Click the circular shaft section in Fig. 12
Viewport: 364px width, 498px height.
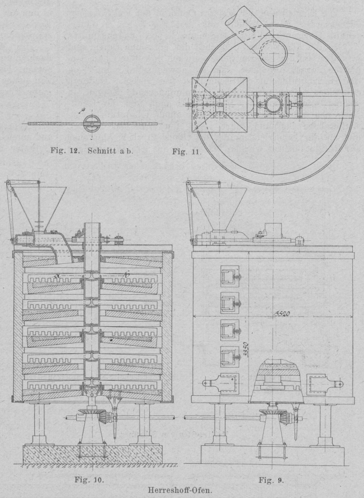tap(91, 123)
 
